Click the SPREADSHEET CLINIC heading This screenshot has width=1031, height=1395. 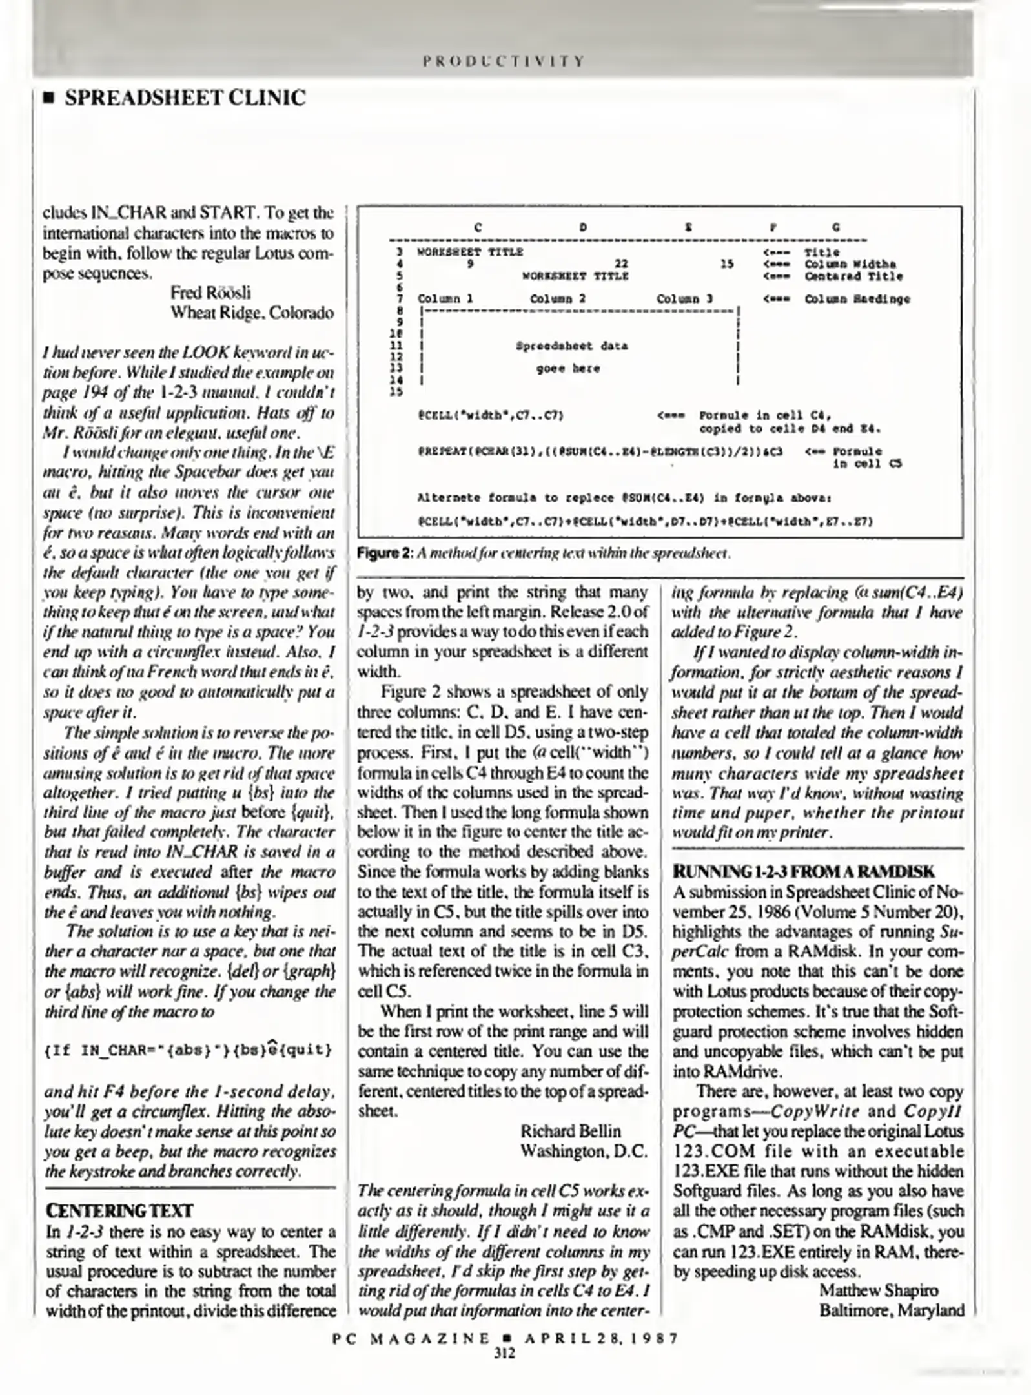pos(185,98)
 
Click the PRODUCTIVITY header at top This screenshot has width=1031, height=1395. pos(504,61)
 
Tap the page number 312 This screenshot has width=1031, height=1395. pos(504,1353)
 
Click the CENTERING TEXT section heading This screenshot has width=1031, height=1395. pos(119,1210)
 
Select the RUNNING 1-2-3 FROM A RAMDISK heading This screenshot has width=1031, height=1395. pos(803,872)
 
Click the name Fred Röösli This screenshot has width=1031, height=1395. pos(210,293)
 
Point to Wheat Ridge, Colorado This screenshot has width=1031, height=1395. pos(252,313)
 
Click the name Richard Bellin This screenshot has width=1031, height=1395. pos(570,1131)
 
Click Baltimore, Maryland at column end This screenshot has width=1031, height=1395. pos(892,1310)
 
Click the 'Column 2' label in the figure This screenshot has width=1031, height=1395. pos(558,298)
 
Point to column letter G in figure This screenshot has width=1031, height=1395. pos(836,227)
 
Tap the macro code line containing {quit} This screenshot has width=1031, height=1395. pos(188,1049)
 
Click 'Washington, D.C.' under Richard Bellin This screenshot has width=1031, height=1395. pos(583,1152)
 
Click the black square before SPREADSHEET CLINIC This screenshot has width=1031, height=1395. pos(47,99)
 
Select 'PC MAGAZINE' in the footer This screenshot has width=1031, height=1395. pos(411,1338)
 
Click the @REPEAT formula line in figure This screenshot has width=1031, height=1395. pos(600,451)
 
